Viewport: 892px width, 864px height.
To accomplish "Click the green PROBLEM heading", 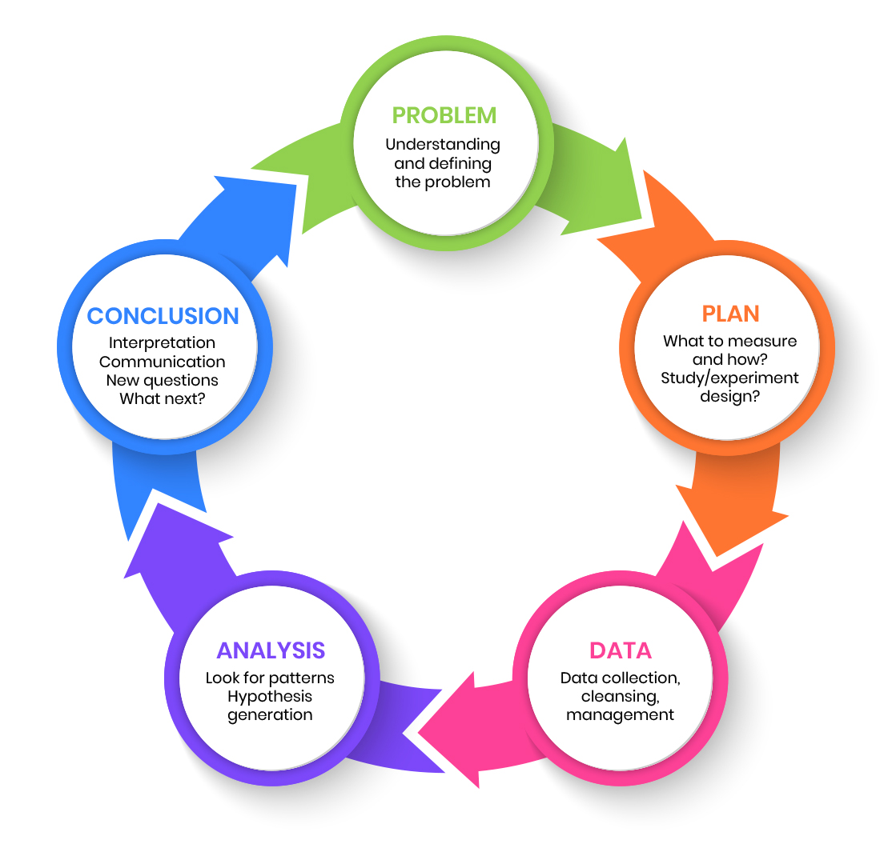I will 444,115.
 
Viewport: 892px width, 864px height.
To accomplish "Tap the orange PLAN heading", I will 729,313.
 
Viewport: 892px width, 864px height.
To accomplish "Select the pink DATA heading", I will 621,650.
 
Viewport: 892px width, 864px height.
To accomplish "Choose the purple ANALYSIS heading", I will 271,650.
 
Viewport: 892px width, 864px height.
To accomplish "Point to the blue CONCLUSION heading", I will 163,316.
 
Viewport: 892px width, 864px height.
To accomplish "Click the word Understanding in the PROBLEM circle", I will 443,145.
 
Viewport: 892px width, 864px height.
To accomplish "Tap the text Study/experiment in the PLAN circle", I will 729,378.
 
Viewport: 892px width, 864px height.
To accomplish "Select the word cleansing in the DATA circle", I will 618,696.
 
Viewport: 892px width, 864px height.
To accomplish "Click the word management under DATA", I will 620,714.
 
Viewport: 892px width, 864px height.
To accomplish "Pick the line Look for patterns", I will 270,678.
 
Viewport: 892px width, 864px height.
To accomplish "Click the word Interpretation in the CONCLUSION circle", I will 163,343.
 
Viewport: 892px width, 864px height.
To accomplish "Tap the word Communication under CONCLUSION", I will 163,362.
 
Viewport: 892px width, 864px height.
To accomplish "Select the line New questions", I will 163,380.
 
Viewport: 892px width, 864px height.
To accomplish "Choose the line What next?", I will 163,398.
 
